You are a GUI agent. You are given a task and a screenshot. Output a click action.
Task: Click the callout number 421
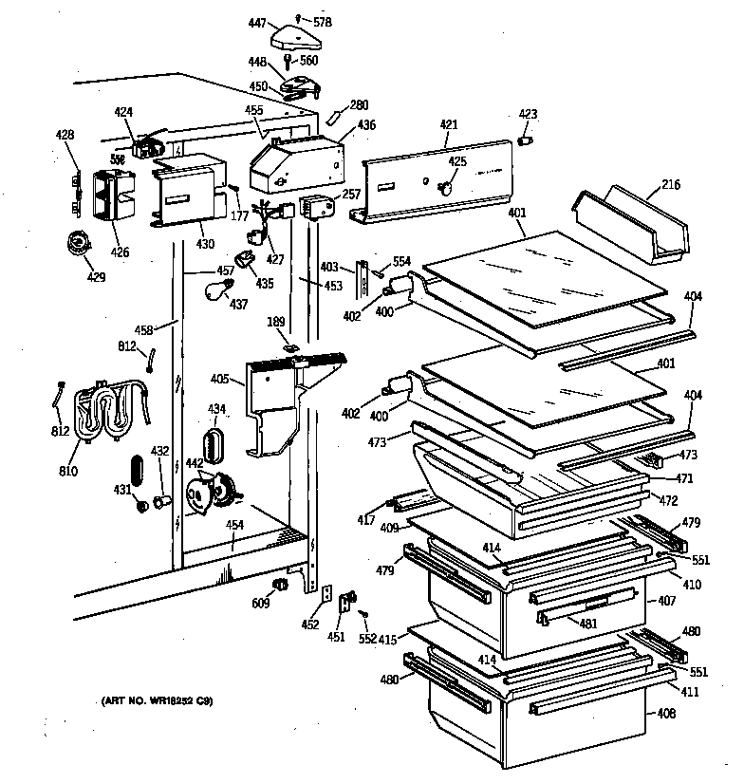coord(448,123)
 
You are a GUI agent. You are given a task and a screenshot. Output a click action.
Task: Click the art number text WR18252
coord(169,701)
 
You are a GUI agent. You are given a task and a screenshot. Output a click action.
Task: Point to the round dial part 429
coord(75,245)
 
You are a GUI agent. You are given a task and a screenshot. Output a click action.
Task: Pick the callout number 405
coord(218,380)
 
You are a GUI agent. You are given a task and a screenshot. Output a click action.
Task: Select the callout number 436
coord(366,124)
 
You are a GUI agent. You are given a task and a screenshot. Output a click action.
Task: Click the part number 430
coord(206,245)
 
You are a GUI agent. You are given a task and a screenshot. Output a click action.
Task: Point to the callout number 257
coord(350,194)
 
